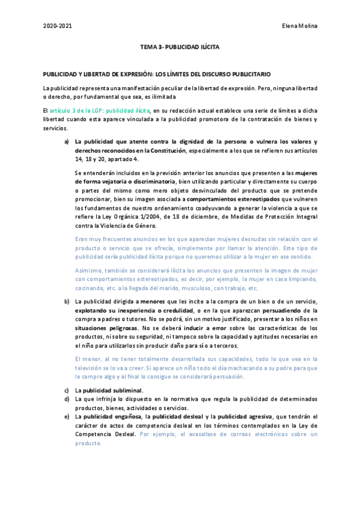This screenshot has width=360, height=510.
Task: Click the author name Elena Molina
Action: [x=299, y=25]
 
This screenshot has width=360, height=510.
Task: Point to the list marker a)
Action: [x=67, y=141]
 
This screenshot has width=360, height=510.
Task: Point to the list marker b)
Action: [x=67, y=300]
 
